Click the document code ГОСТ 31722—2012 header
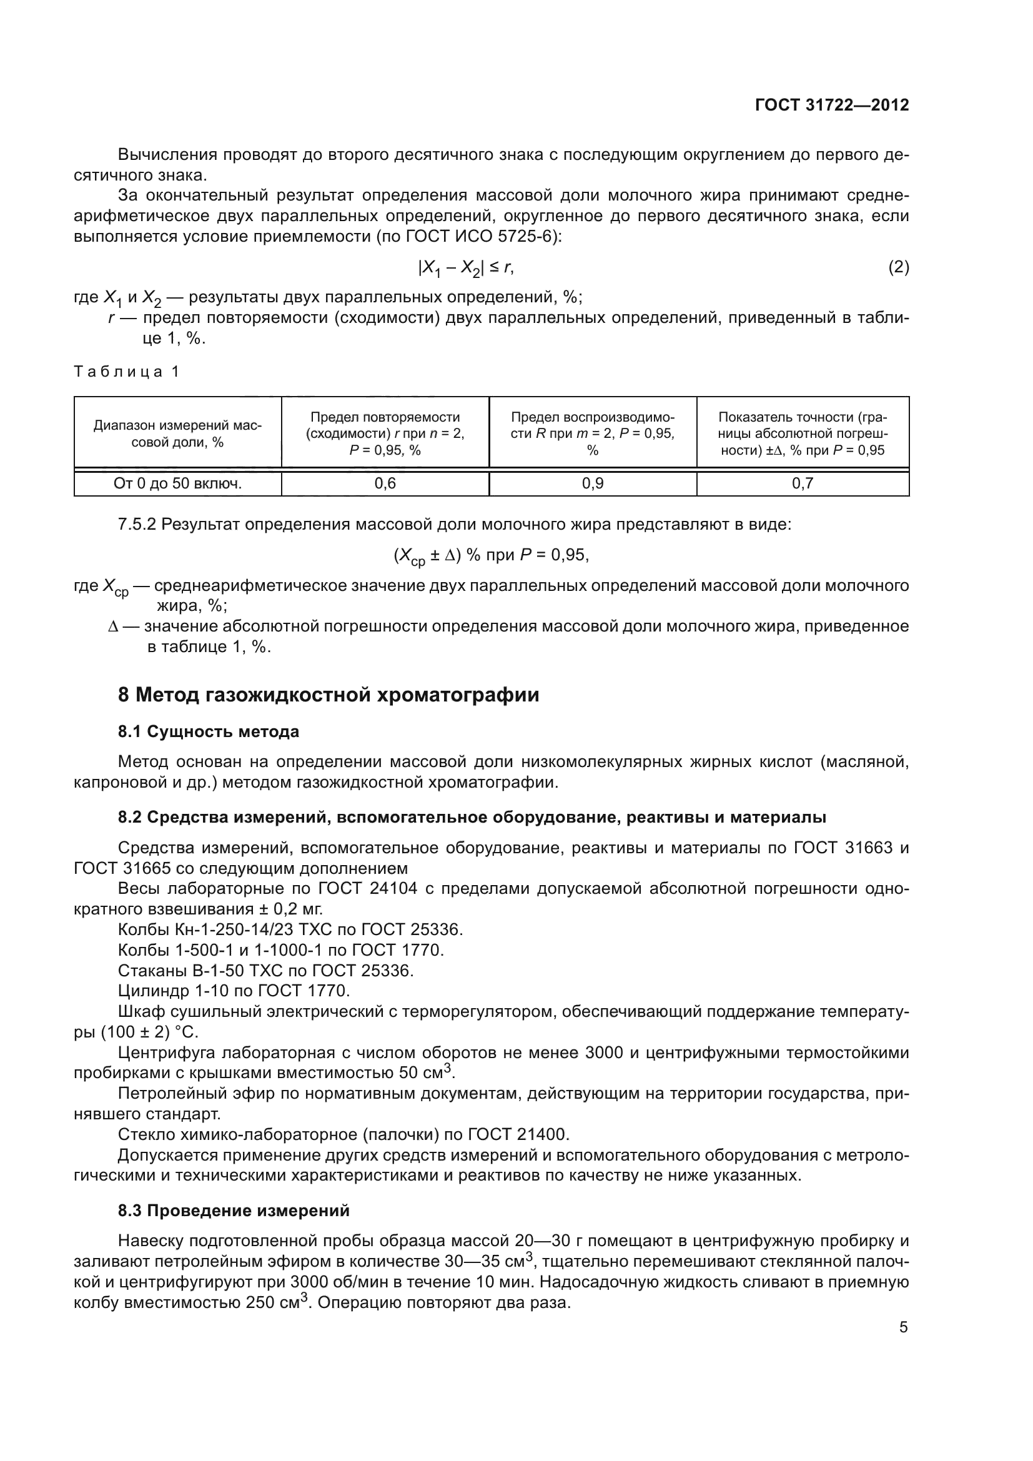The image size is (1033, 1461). coord(831,106)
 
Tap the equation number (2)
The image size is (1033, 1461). coord(898,268)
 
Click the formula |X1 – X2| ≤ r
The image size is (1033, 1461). coord(465,269)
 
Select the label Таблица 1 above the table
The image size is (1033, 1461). coord(127,372)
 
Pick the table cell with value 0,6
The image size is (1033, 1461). coord(385,483)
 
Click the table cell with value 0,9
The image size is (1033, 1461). coord(592,483)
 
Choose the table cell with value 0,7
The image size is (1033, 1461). coord(802,483)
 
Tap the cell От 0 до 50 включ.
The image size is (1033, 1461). coord(177,483)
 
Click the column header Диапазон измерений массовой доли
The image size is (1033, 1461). coord(177,433)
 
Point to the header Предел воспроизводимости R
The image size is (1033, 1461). coord(592,433)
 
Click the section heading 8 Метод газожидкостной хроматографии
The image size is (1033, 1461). coord(329,695)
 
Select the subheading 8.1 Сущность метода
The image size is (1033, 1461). coord(208,732)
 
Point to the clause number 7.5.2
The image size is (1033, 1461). coord(137,525)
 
